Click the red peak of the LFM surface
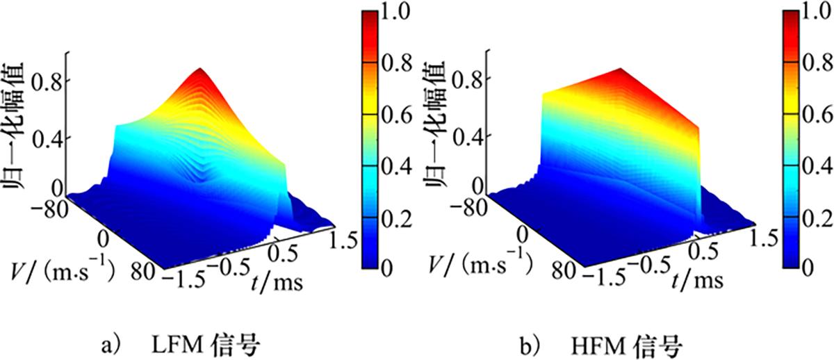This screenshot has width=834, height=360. (x=200, y=71)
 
